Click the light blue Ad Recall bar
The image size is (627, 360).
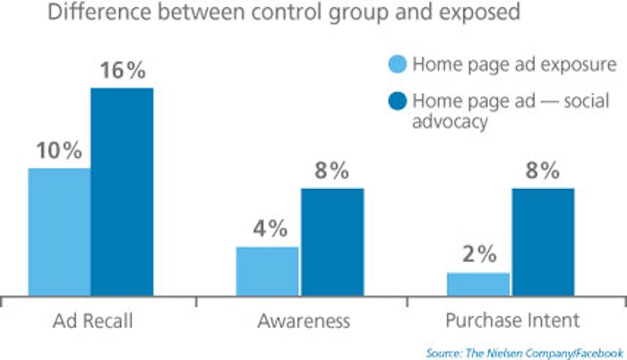[x=59, y=230]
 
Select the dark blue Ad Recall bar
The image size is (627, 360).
[x=122, y=190]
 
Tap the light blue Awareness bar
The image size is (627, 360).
[x=267, y=270]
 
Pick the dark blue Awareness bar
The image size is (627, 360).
[x=331, y=240]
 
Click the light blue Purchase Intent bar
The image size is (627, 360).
[x=477, y=283]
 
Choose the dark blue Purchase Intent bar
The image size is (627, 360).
[x=542, y=240]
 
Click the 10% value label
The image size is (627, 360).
[x=59, y=150]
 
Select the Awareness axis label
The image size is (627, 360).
[x=300, y=321]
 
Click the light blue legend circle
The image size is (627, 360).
[x=398, y=66]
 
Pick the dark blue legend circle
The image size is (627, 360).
[x=398, y=100]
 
